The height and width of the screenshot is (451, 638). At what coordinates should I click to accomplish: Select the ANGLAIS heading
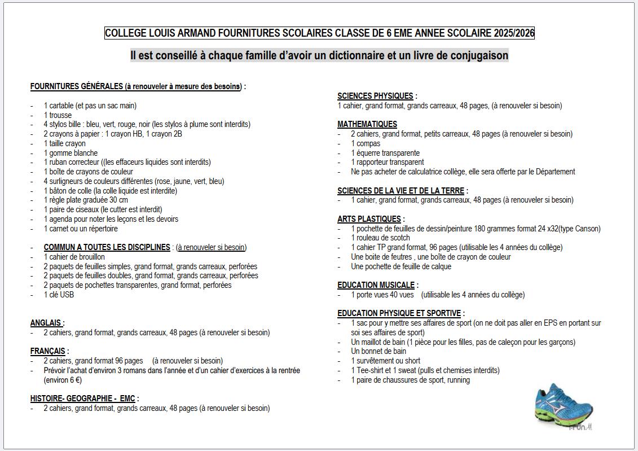click(46, 323)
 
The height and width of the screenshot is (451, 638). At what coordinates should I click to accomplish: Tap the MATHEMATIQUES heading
click(367, 124)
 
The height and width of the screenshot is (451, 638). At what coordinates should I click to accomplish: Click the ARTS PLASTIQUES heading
click(369, 219)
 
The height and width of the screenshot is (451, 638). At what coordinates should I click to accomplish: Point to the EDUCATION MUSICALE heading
click(376, 285)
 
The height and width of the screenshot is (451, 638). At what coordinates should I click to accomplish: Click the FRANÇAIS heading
click(49, 351)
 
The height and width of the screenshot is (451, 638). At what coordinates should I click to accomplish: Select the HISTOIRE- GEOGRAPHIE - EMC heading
click(83, 399)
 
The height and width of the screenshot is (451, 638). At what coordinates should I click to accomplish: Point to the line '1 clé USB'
click(59, 295)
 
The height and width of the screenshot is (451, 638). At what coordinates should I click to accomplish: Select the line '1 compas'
click(366, 143)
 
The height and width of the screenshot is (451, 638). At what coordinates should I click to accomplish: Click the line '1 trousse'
click(58, 115)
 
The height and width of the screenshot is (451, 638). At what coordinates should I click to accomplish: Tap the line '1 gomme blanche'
click(71, 153)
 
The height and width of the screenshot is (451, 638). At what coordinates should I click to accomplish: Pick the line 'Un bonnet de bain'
click(379, 351)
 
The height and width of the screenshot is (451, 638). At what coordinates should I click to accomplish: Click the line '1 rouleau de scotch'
click(381, 238)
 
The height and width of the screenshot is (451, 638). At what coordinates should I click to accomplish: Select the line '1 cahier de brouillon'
click(74, 257)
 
